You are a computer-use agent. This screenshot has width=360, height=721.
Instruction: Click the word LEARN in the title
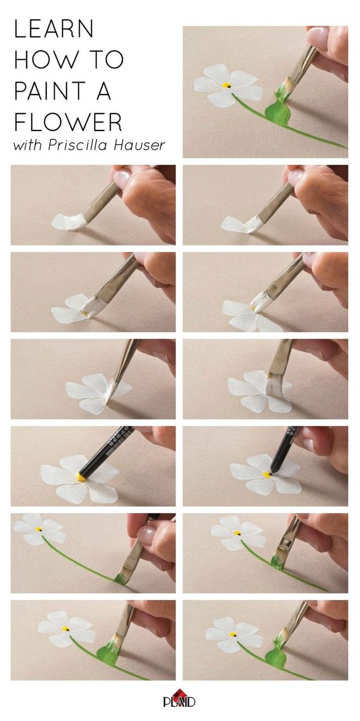click(x=54, y=28)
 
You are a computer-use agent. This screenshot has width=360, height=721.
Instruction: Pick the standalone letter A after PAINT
click(x=104, y=91)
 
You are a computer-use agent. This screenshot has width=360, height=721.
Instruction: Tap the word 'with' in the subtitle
click(x=27, y=145)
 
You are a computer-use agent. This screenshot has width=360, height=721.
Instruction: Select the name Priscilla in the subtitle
click(x=78, y=145)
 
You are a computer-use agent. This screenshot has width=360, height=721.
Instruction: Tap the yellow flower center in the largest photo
click(x=226, y=85)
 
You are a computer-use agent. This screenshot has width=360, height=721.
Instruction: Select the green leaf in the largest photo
click(x=278, y=111)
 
